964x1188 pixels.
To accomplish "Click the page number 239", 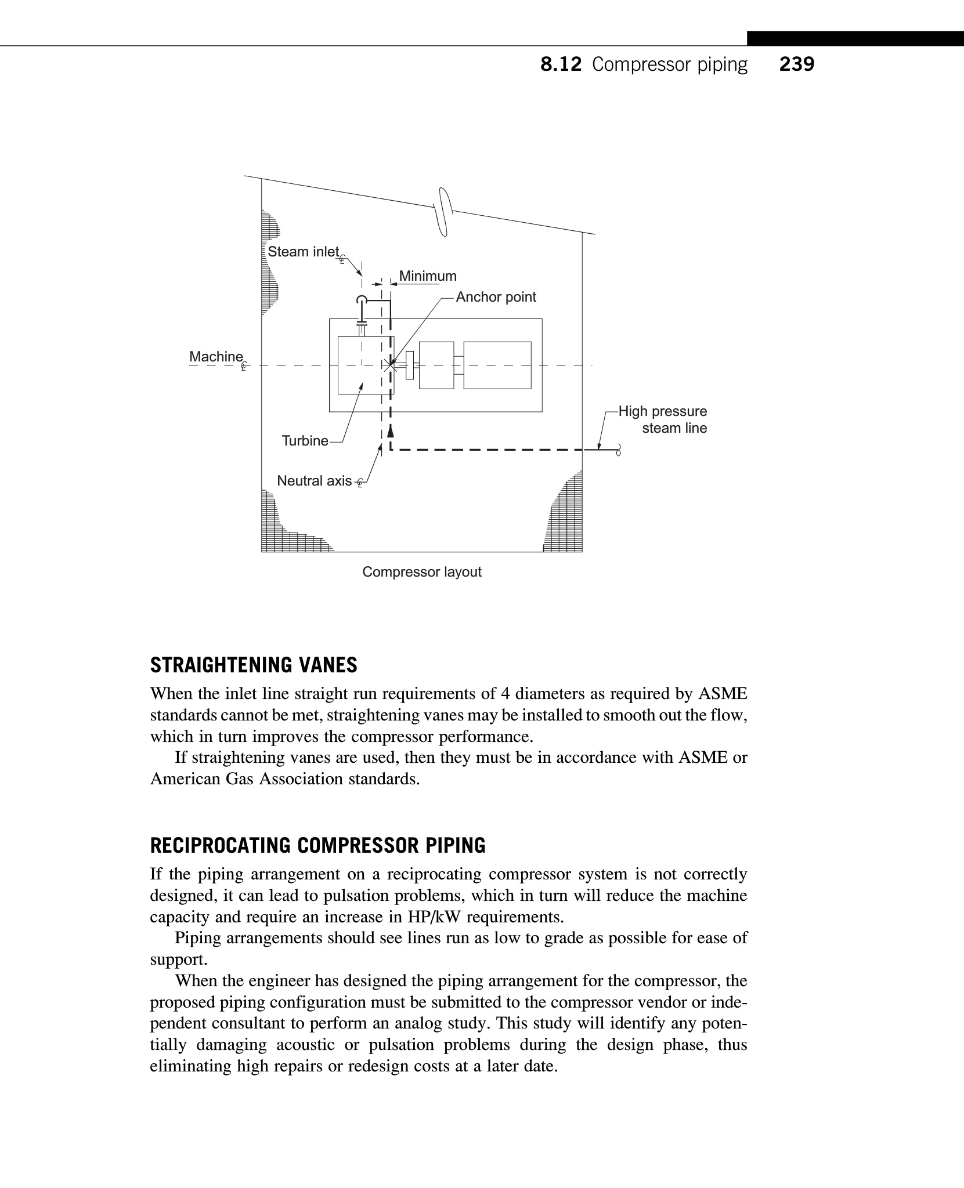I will [796, 64].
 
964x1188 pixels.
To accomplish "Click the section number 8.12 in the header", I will [560, 64].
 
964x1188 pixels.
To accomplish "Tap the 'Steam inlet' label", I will [303, 252].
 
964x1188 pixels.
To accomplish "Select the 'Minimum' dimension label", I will [428, 276].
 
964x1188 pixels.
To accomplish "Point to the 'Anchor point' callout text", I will [496, 297].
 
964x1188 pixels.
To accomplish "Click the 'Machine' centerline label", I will [216, 357].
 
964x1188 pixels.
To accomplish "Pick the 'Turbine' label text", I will [305, 441].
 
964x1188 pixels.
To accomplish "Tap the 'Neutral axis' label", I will [315, 481].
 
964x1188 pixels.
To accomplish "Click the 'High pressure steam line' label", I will [663, 420].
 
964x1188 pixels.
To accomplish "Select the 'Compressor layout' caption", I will [422, 572].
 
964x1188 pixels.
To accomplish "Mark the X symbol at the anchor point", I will [391, 365].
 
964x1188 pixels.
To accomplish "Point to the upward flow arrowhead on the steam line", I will [391, 431].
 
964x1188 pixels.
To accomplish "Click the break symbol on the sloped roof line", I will [444, 212].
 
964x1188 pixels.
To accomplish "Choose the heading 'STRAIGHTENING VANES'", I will [254, 665].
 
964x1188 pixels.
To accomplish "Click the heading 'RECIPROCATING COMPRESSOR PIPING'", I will [317, 846].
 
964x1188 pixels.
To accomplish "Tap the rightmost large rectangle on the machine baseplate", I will [497, 365].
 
